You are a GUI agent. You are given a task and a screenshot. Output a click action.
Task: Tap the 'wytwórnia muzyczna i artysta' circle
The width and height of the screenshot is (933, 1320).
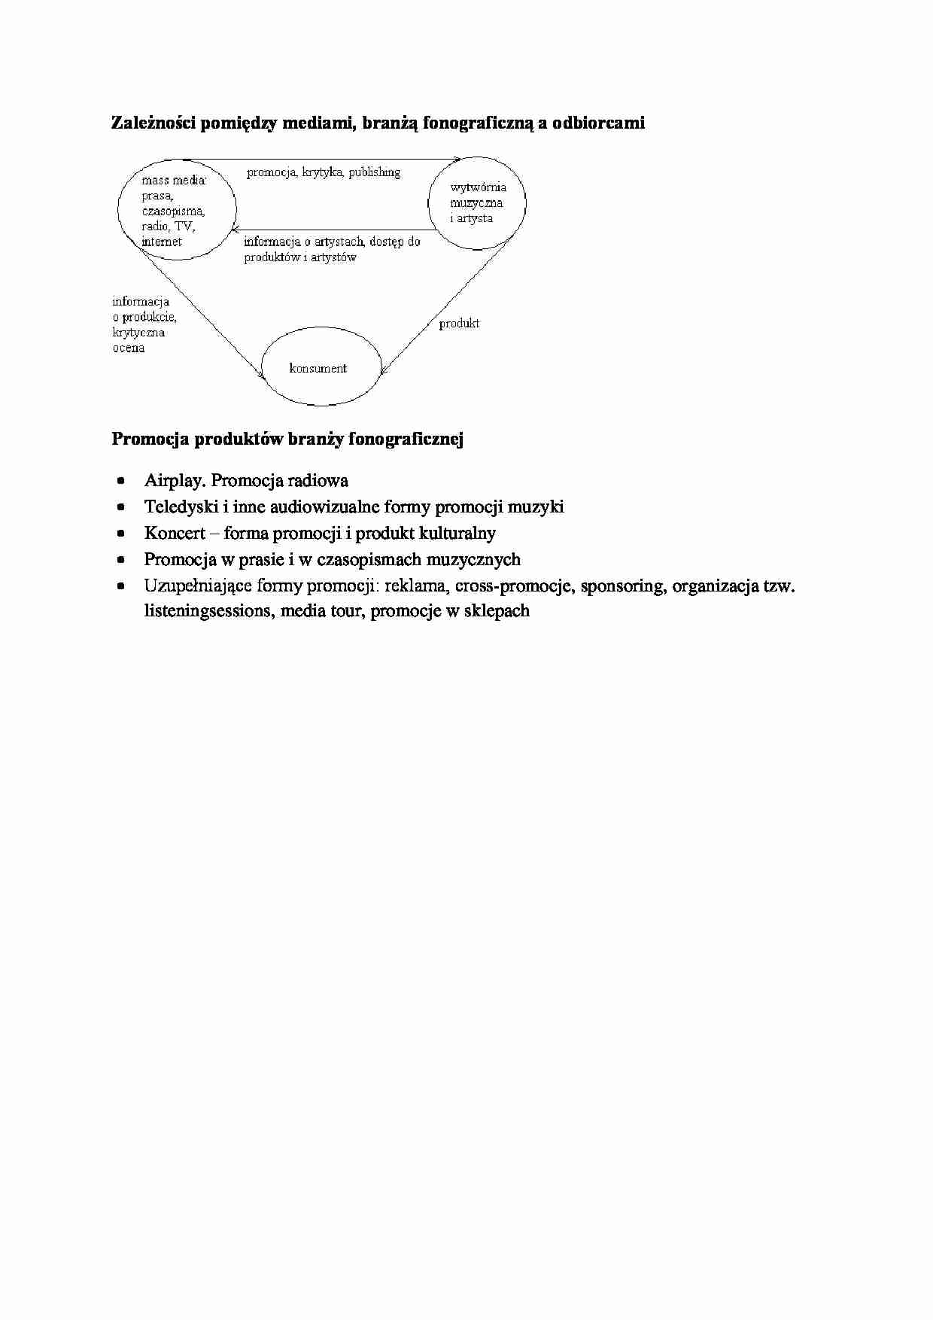(477, 202)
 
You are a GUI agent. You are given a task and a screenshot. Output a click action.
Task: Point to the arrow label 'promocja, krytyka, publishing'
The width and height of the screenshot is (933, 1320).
(324, 172)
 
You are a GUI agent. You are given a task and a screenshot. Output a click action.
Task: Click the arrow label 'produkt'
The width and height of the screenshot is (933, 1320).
(459, 324)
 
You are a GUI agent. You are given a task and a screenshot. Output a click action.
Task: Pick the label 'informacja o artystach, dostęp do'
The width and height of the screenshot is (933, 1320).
(332, 242)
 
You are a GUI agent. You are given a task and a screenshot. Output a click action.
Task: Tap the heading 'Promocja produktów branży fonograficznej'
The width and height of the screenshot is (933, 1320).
(287, 439)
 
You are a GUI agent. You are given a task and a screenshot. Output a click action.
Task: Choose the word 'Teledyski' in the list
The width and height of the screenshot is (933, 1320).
(181, 507)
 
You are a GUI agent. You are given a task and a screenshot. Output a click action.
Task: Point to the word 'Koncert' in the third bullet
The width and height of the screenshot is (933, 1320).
(175, 534)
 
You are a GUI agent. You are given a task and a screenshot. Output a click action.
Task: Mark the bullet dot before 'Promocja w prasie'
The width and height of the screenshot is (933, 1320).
(121, 560)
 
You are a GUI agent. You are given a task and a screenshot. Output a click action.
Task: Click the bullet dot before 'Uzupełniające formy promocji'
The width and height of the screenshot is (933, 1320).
(121, 586)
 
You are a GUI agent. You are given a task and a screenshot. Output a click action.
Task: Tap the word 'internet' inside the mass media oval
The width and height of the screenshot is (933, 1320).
(162, 242)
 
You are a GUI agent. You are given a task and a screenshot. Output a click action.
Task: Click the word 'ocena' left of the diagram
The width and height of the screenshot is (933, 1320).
(129, 348)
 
